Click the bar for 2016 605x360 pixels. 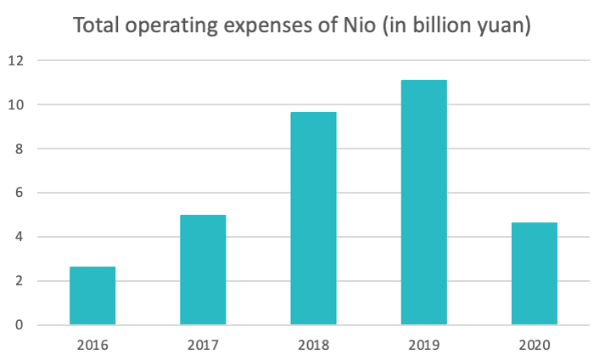[x=92, y=295]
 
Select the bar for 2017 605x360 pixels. [x=203, y=270]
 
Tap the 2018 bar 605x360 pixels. [x=313, y=218]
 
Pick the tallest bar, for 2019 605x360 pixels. [x=424, y=202]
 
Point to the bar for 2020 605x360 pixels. [x=535, y=273]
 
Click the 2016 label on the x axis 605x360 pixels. [x=92, y=346]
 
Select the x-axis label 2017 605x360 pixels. [x=203, y=346]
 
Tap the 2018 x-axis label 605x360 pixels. [x=313, y=346]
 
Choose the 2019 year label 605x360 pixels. [x=424, y=346]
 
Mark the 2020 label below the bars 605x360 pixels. [x=535, y=346]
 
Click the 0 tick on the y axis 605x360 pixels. [x=17, y=325]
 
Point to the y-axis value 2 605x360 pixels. [x=17, y=281]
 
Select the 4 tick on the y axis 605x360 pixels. [x=17, y=237]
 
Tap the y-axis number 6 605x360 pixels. [x=17, y=193]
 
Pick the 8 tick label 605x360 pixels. [x=17, y=149]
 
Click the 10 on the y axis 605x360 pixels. [x=14, y=104]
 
